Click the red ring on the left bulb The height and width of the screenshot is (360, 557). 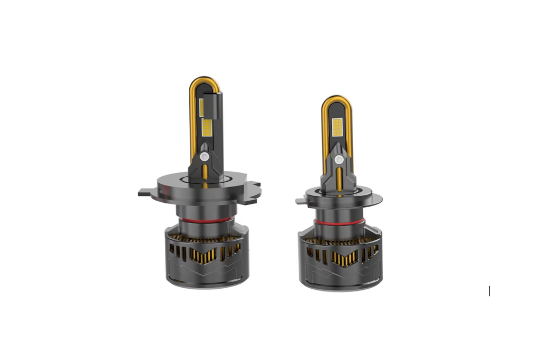[206, 220]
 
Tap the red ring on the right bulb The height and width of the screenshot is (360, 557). [339, 222]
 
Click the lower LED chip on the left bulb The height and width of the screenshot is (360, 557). [207, 128]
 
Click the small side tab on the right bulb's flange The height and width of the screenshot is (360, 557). [300, 201]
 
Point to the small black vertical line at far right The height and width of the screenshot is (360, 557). [490, 291]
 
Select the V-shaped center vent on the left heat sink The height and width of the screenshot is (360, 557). [207, 253]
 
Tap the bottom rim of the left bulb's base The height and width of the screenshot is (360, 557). [207, 283]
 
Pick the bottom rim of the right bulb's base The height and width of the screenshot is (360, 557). [340, 286]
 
